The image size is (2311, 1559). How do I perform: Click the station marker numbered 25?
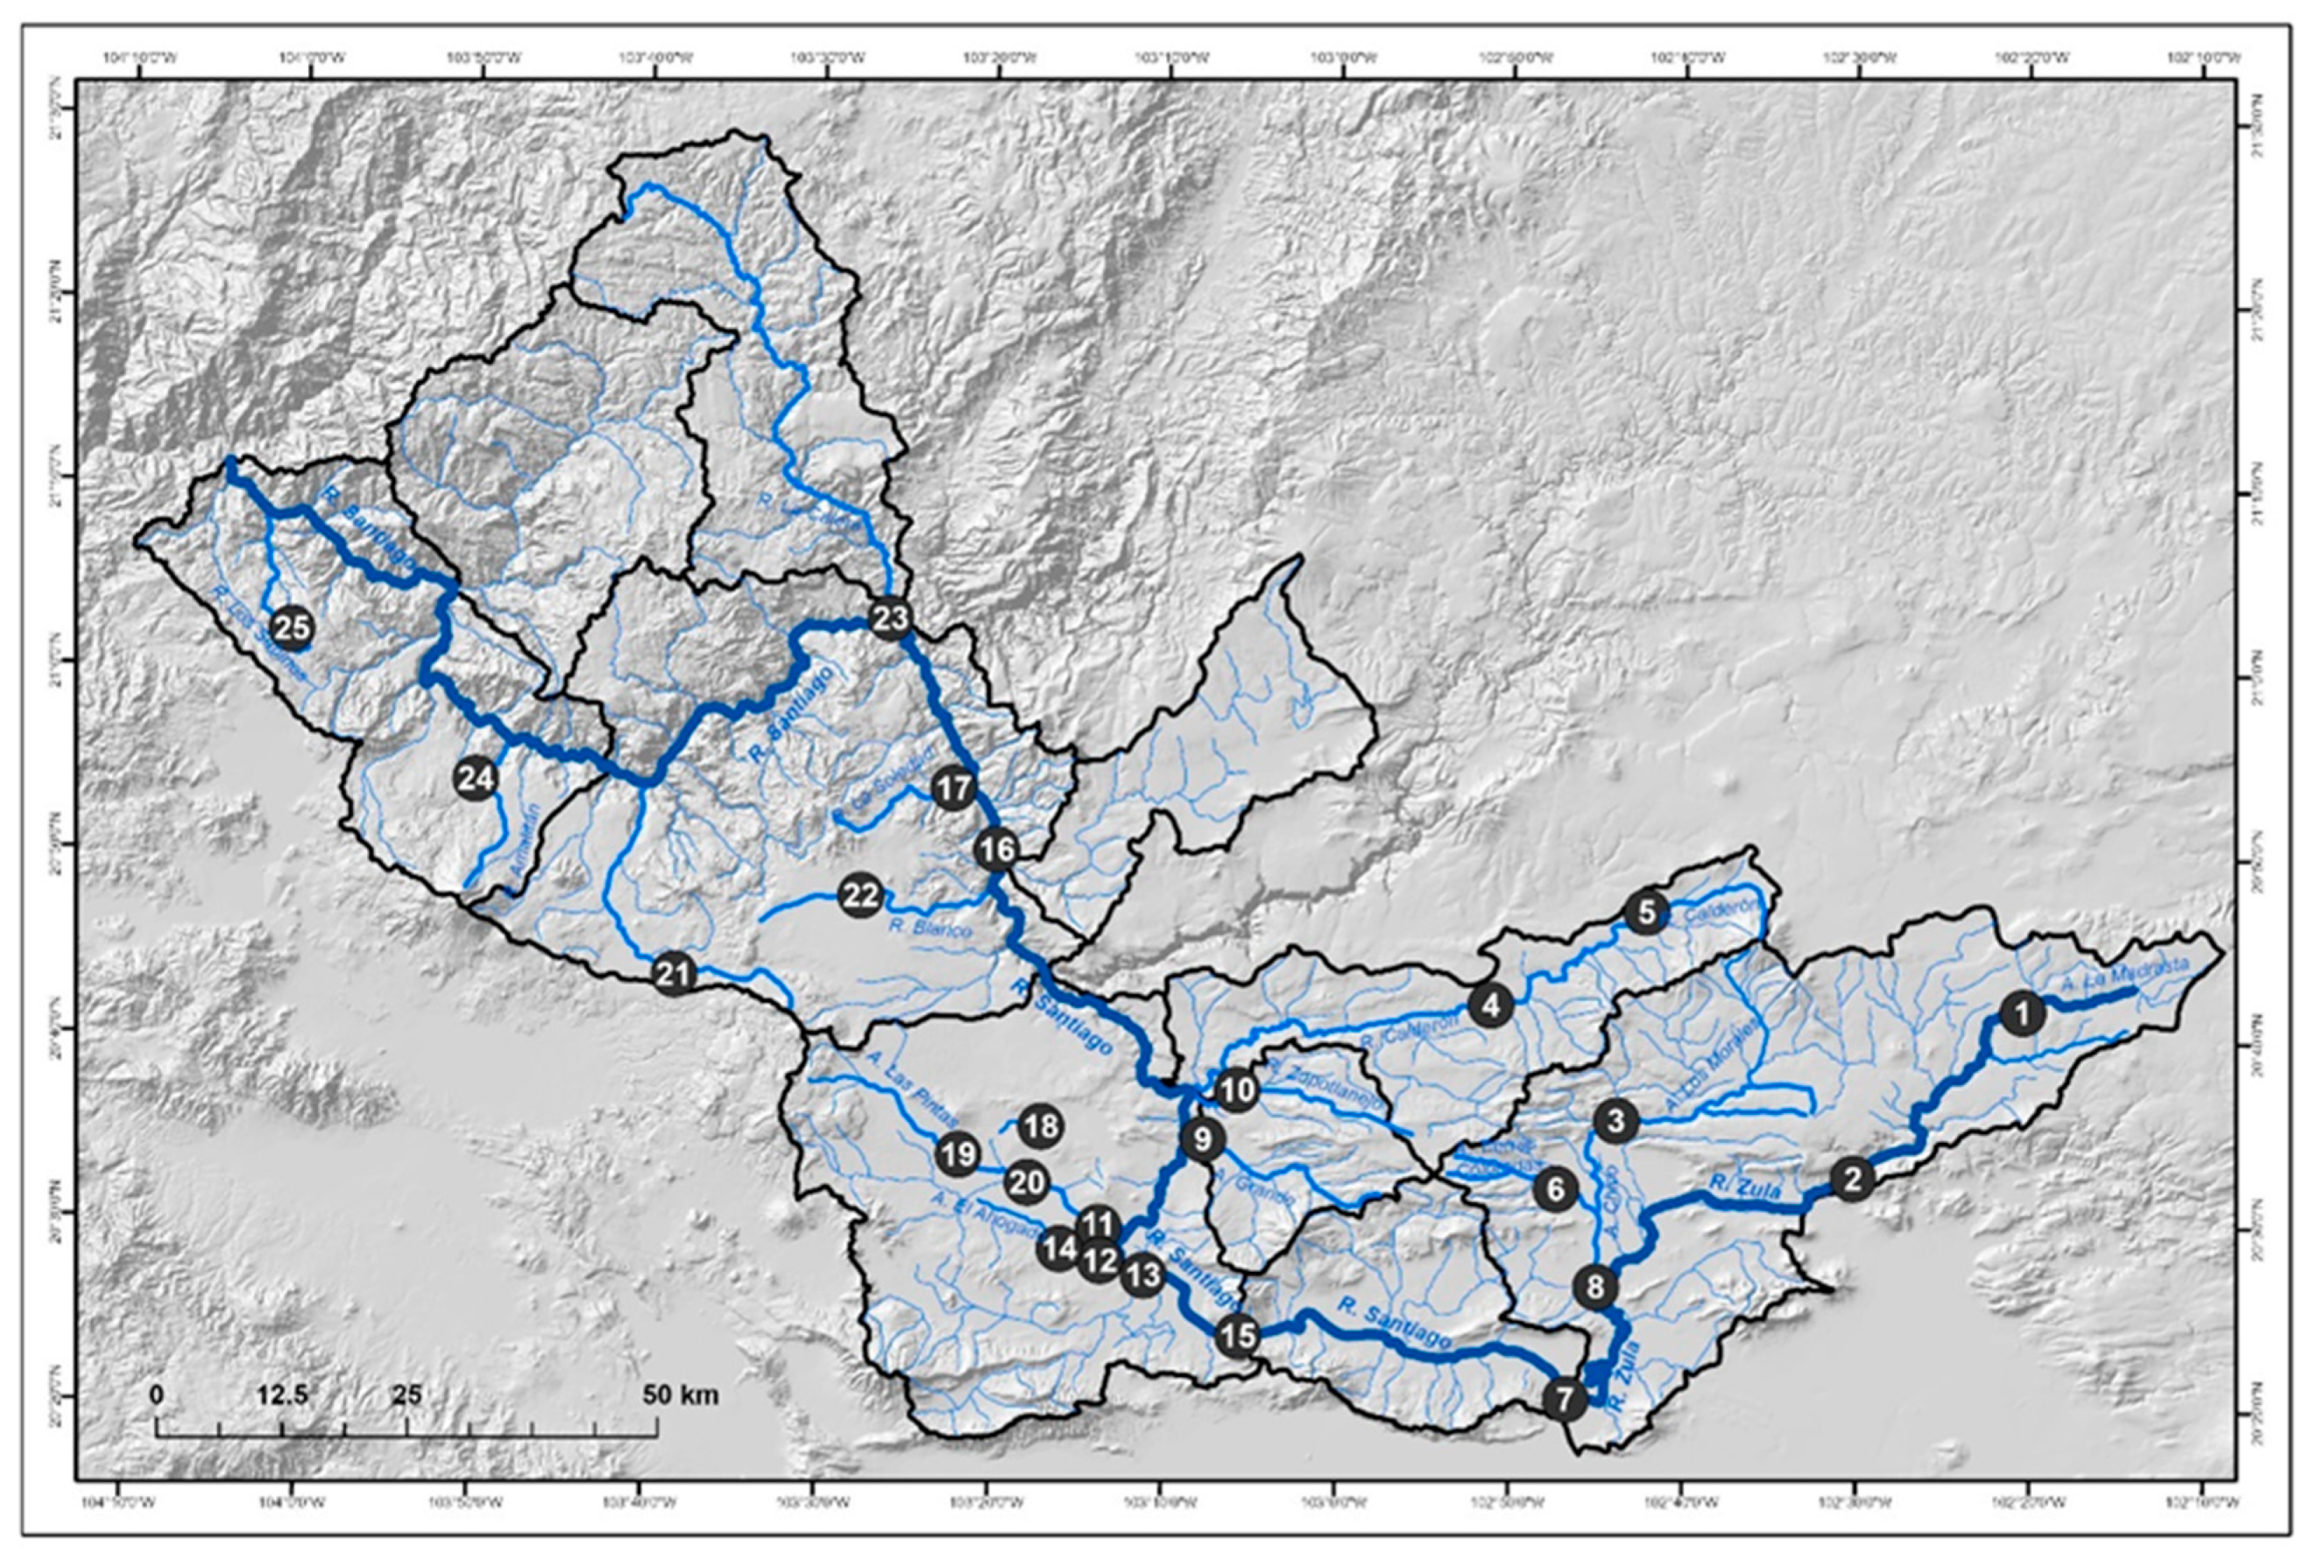coord(293,627)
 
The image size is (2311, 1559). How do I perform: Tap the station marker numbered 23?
coord(889,619)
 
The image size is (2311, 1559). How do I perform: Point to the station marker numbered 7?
coord(1565,1400)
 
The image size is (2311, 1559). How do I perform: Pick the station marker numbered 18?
coord(1041,1127)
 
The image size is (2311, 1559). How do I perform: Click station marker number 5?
coord(1646,912)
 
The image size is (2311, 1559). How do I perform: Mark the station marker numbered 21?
coord(673,973)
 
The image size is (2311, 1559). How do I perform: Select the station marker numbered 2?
coord(1850,1180)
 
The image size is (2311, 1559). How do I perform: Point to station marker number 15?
coord(1237,1336)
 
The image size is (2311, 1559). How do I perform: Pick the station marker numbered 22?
coord(861,897)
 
